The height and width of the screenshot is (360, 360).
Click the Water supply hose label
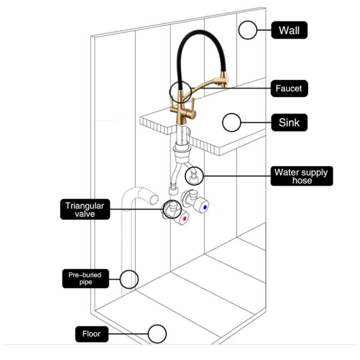tap(301, 176)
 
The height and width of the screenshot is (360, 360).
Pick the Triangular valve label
tap(85, 210)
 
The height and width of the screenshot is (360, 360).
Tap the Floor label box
tap(91, 334)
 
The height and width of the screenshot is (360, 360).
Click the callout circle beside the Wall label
tap(247, 31)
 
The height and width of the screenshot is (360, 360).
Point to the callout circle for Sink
tap(232, 122)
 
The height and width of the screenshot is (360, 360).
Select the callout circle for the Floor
tap(157, 334)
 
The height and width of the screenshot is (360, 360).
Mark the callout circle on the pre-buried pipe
tap(129, 279)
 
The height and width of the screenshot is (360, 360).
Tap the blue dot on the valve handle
tap(206, 207)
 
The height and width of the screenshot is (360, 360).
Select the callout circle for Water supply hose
tap(194, 175)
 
